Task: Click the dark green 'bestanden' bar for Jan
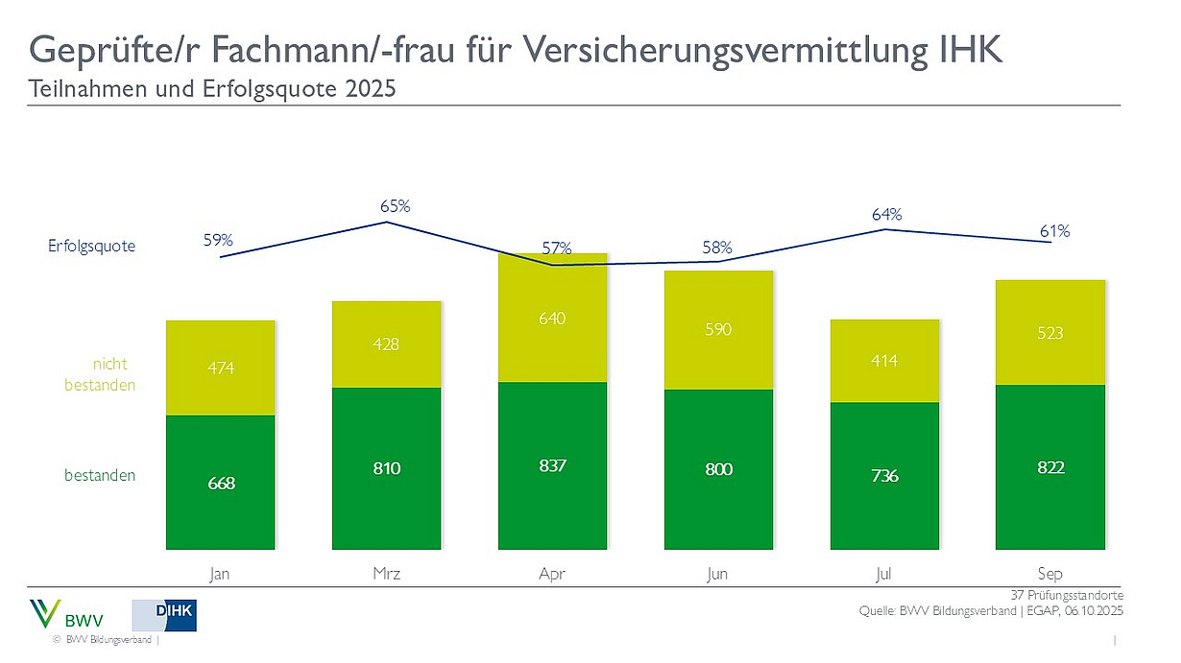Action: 221,483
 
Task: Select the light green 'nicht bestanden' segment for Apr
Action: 553,318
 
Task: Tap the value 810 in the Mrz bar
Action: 387,468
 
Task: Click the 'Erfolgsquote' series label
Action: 92,247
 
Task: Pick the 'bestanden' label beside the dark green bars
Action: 100,475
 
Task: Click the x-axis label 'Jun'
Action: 718,574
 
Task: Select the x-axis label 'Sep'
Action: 1050,574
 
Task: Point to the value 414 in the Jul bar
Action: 884,361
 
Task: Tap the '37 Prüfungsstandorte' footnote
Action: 1067,596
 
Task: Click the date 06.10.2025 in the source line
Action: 1094,611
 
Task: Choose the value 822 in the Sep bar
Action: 1050,467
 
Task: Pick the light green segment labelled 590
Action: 718,330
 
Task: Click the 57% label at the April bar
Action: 556,249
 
